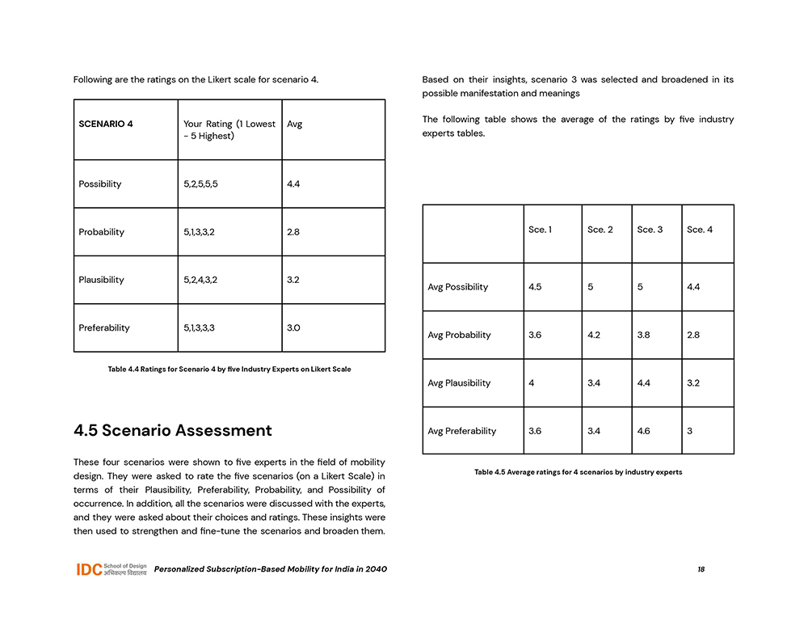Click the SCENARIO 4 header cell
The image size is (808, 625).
coord(106,125)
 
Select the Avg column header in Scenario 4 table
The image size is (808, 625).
coord(295,125)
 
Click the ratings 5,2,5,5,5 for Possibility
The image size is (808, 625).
coord(200,184)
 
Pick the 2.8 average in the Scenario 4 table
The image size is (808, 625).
coord(294,232)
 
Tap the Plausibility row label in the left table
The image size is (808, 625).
coord(102,280)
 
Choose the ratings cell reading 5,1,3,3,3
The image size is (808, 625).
coord(199,328)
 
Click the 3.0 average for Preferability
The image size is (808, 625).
coord(294,328)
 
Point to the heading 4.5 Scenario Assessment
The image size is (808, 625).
coord(173,430)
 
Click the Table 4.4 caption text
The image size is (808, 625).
coord(229,370)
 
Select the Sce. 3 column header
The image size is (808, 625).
coord(650,230)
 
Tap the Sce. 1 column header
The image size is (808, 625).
coord(541,230)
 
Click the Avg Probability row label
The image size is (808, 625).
coord(459,335)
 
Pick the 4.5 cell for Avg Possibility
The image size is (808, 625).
coord(535,287)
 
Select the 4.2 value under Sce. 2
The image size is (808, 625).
coord(594,335)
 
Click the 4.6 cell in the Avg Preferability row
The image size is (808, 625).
coord(644,431)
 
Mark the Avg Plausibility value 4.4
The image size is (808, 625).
coord(644,383)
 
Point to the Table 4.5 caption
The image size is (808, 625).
coord(578,472)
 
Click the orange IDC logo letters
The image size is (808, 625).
coord(89,569)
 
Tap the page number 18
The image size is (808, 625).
coord(701,569)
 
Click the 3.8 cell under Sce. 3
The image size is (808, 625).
coord(644,335)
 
